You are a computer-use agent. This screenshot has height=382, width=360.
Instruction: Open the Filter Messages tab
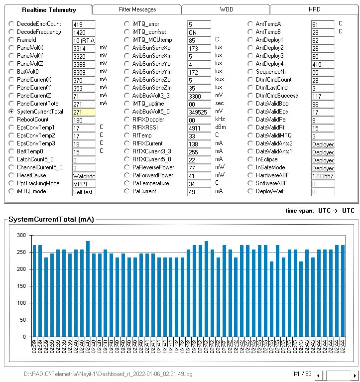pos(137,9)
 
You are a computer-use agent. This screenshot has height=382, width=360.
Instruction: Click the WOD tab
pos(226,9)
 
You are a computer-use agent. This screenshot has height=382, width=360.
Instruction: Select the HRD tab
pos(314,9)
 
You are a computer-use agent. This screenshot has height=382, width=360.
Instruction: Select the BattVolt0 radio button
pos(11,72)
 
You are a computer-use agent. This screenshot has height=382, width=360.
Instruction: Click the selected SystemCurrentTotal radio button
pos(11,112)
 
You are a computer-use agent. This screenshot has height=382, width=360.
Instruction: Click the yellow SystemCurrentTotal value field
pos(83,113)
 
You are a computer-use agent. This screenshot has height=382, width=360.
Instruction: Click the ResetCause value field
pos(83,176)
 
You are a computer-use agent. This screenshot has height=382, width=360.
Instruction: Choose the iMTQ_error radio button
pos(127,24)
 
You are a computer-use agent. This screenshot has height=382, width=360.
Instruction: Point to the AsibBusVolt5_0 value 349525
pos(199,113)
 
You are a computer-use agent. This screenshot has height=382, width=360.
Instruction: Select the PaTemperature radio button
pos(127,183)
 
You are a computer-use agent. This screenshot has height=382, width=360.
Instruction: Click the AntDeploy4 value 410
pos(322,65)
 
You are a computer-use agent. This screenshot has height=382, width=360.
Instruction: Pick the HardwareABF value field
pos(322,176)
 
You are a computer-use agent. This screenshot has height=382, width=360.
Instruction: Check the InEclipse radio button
pos(250,159)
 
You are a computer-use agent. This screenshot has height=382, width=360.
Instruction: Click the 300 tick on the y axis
pos(21,235)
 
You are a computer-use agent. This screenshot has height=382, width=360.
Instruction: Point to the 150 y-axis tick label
pos(21,286)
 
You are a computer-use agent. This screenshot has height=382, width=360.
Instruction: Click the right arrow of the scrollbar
pos(355,375)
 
